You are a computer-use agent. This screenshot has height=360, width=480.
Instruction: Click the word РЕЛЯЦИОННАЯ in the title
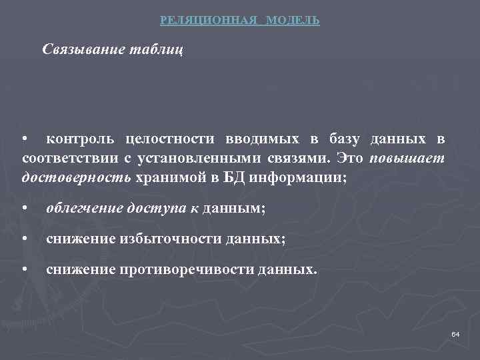(x=208, y=21)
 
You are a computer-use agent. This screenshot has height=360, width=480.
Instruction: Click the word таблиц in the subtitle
(x=155, y=50)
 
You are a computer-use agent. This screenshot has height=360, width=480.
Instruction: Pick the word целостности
(x=171, y=139)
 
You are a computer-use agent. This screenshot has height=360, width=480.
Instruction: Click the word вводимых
(x=262, y=139)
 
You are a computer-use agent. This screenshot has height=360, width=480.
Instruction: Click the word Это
(x=351, y=159)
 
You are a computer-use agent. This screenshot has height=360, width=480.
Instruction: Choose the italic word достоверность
(x=77, y=178)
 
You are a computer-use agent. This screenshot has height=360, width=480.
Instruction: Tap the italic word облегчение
(x=84, y=209)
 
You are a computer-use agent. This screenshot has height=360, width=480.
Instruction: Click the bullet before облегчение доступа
(x=25, y=209)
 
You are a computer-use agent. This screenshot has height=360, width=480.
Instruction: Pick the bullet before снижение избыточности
(x=25, y=240)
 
